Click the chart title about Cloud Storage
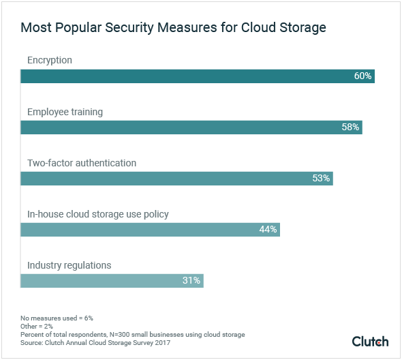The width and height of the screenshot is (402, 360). (x=173, y=28)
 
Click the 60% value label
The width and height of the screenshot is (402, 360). (x=362, y=76)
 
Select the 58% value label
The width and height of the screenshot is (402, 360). (x=350, y=127)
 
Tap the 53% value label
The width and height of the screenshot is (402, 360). (x=321, y=178)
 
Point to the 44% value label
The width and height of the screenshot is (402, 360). (x=268, y=229)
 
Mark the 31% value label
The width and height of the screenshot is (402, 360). (x=191, y=280)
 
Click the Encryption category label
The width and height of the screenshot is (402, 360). (x=50, y=61)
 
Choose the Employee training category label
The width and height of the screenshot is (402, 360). (x=65, y=112)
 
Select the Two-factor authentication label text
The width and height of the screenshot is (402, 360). (x=82, y=163)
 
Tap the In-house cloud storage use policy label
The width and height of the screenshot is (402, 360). (x=97, y=214)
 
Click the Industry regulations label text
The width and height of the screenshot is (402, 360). (x=69, y=265)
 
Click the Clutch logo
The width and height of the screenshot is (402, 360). (x=370, y=341)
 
